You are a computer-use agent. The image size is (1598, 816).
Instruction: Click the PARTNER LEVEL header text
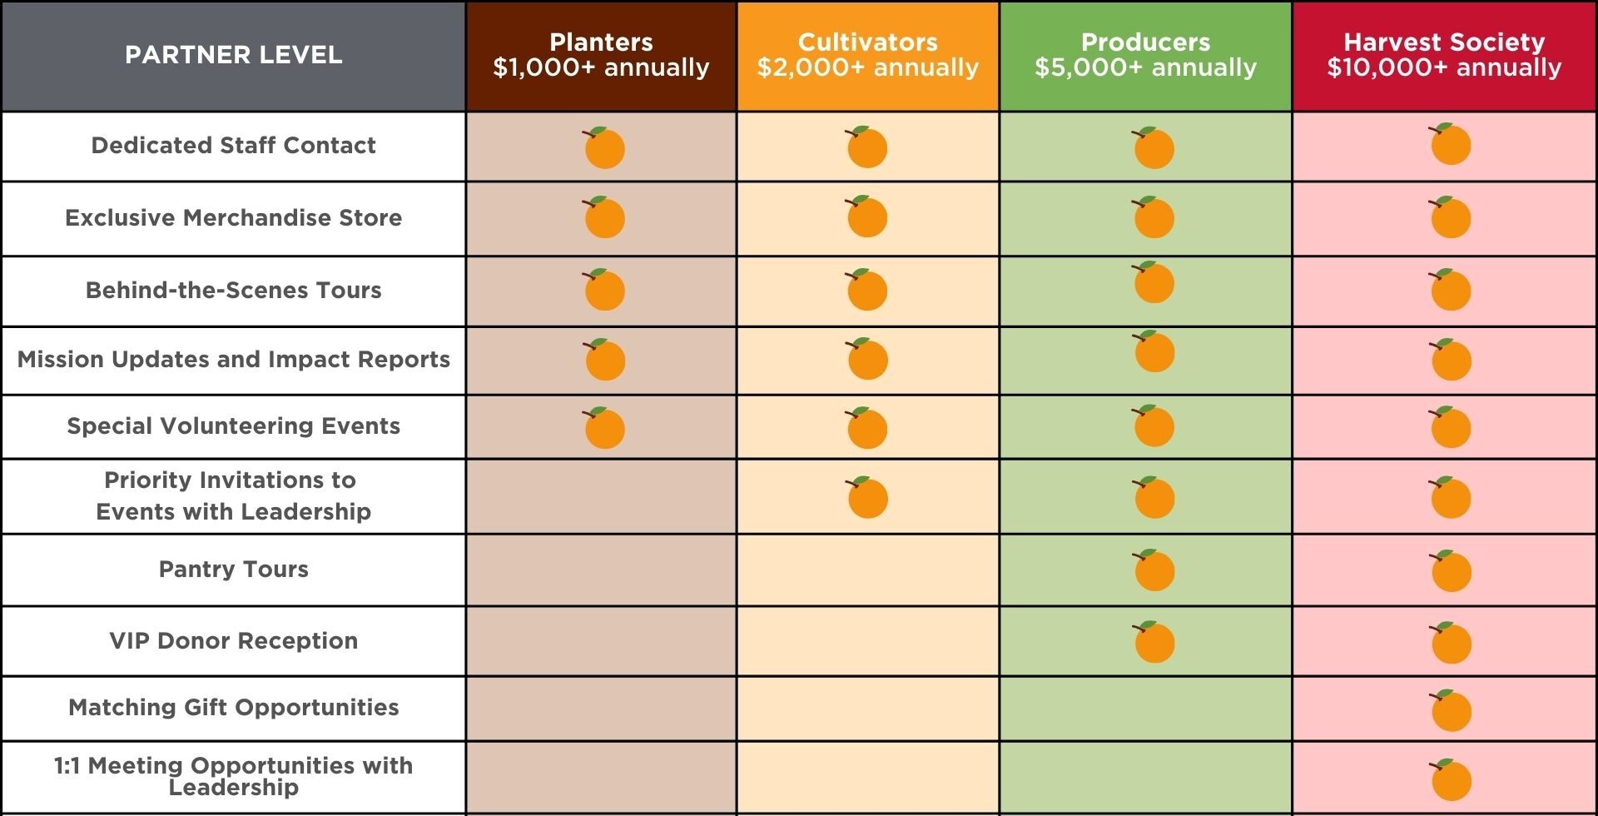pos(233,55)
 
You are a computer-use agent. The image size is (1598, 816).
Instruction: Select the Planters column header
pos(601,55)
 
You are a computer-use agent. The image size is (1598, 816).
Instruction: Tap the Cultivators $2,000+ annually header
pos(867,55)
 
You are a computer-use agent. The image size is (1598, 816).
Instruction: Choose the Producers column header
pos(1145,55)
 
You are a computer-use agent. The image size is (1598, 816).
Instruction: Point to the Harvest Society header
pos(1444,55)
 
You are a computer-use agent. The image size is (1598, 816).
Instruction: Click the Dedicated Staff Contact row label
pos(233,146)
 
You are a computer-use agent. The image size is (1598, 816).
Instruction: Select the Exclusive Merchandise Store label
pos(233,218)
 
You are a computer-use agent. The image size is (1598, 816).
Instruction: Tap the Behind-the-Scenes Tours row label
pos(233,291)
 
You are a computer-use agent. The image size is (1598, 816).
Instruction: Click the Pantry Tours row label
pos(233,570)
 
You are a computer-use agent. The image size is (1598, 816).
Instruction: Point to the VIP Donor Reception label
pos(233,641)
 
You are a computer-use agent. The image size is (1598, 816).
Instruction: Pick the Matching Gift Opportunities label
pos(233,708)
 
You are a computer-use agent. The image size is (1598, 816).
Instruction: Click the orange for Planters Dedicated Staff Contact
pos(604,149)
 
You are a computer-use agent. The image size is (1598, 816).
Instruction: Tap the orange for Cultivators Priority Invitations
pos(867,498)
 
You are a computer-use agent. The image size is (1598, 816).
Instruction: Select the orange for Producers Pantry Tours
pos(1154,570)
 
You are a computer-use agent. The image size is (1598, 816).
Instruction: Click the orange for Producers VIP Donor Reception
pos(1154,642)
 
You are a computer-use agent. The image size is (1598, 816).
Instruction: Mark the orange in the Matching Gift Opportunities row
pos(1452,711)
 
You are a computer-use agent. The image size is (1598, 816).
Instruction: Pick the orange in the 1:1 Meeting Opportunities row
pos(1452,780)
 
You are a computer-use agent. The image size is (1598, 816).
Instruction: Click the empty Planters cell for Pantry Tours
pos(601,570)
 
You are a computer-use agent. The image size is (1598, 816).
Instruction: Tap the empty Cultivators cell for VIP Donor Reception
pos(867,641)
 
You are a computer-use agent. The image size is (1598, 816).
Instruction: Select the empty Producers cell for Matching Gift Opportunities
pos(1145,709)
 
